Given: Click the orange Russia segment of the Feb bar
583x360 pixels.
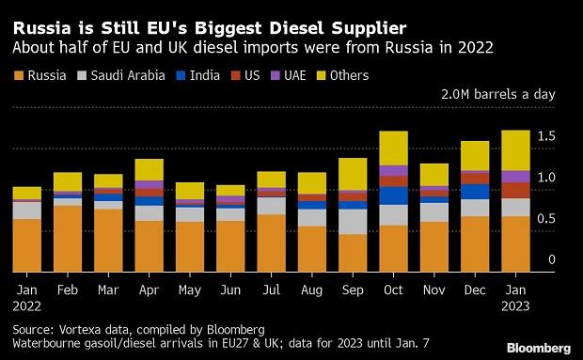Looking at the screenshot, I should (x=67, y=239).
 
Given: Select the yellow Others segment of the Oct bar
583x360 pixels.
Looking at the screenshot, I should (x=393, y=148).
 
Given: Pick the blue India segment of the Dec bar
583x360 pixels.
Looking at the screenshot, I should (x=475, y=192).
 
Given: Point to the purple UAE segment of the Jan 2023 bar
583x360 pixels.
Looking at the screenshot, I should (x=515, y=176).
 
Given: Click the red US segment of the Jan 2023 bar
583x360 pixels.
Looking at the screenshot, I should (x=515, y=190).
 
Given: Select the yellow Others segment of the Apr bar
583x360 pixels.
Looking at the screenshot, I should (x=149, y=169).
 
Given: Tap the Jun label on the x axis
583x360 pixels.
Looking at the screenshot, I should (x=229, y=290).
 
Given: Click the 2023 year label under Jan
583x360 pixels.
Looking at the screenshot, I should (x=515, y=306).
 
